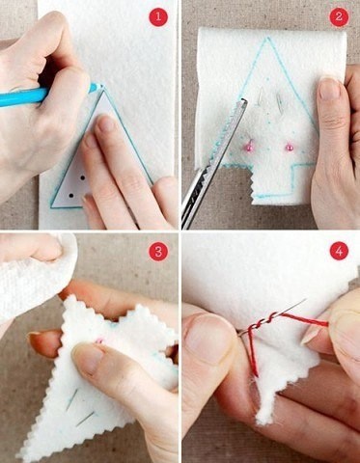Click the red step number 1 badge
click(x=158, y=16)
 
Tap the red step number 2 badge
click(x=339, y=16)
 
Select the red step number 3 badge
click(x=158, y=252)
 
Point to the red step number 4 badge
click(x=339, y=251)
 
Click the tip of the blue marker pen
click(x=101, y=86)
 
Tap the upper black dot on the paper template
click(x=83, y=177)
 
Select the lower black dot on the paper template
click(x=71, y=195)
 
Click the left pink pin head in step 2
click(x=248, y=148)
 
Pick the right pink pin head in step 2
click(x=290, y=148)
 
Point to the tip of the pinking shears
click(x=243, y=99)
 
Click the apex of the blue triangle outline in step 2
click(x=266, y=39)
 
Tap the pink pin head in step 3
click(x=100, y=340)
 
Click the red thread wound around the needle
click(x=262, y=323)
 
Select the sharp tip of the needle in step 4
click(x=305, y=300)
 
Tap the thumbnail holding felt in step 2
click(x=329, y=89)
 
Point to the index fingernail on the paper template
click(x=107, y=123)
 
